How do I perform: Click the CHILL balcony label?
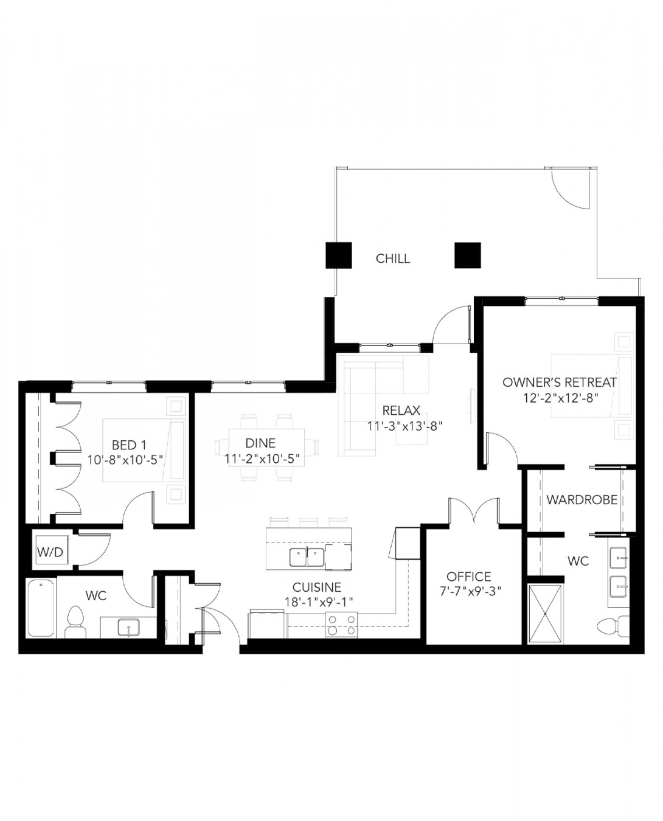392,258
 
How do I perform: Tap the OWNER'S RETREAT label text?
559,383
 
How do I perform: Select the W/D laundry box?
50,552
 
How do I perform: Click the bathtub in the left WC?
41,608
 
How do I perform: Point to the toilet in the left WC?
75,621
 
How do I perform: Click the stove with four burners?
341,624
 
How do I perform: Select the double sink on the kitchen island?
306,556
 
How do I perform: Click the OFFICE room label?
468,577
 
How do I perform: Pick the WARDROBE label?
581,500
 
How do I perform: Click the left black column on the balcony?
339,255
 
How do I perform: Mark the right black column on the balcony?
467,255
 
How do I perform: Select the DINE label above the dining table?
260,443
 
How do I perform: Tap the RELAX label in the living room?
401,410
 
